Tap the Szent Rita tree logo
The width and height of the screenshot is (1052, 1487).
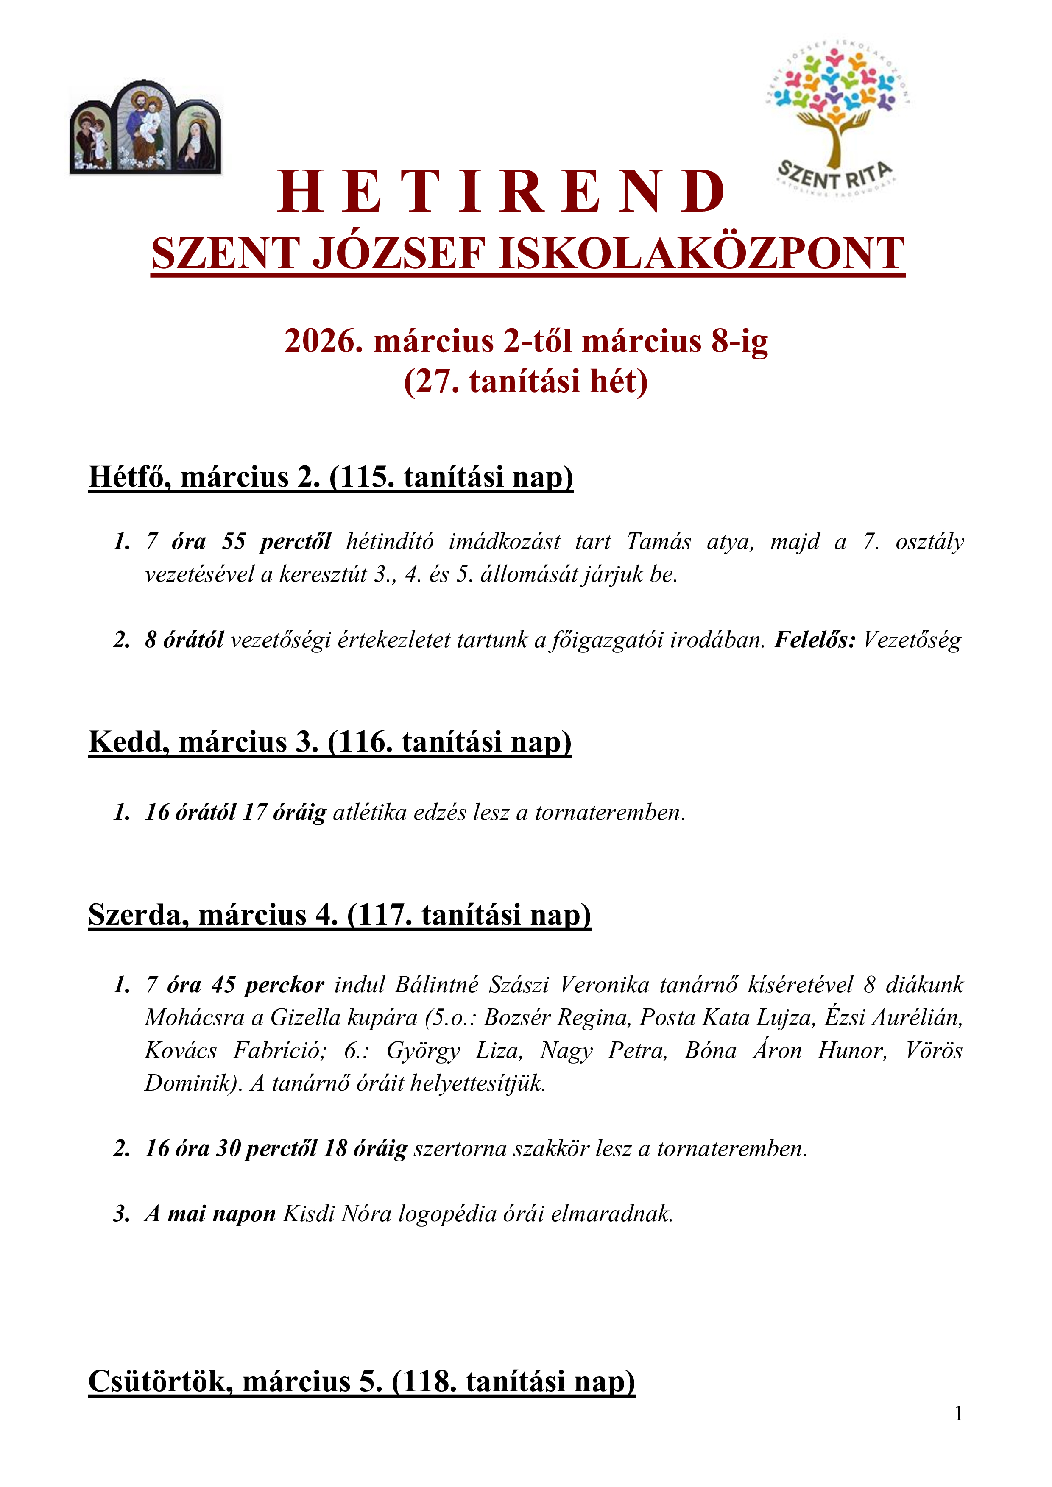837,117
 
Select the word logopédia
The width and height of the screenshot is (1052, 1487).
441,1213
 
